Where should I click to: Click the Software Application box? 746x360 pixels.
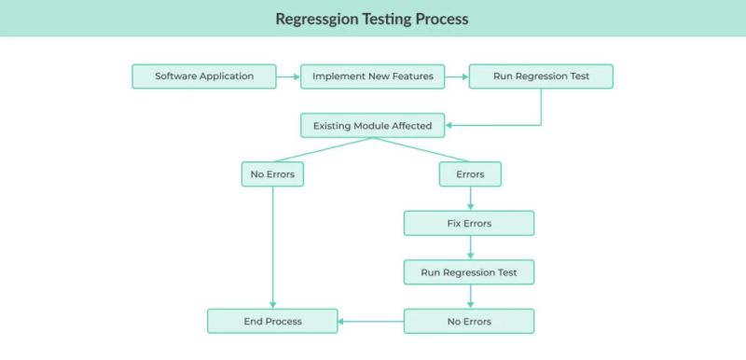point(204,76)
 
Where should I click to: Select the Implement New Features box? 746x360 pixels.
point(372,76)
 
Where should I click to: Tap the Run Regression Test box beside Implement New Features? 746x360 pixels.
point(540,76)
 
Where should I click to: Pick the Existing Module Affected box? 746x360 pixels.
point(372,125)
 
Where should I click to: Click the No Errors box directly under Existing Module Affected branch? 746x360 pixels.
point(272,174)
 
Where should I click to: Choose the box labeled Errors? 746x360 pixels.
point(469,174)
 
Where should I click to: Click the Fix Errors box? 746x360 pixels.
point(469,224)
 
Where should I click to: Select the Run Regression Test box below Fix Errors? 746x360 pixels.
point(469,272)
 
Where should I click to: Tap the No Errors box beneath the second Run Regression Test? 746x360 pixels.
point(469,321)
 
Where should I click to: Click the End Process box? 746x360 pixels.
point(272,321)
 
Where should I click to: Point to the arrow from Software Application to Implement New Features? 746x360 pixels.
point(289,76)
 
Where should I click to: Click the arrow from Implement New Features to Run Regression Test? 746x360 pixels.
point(457,76)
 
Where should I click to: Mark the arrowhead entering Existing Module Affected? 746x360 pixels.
point(450,125)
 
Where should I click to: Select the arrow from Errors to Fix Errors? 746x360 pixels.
point(470,199)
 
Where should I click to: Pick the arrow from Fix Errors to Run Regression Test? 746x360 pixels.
point(470,248)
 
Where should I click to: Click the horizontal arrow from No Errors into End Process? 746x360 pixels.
point(370,321)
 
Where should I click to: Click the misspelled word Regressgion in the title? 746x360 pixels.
point(316,19)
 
